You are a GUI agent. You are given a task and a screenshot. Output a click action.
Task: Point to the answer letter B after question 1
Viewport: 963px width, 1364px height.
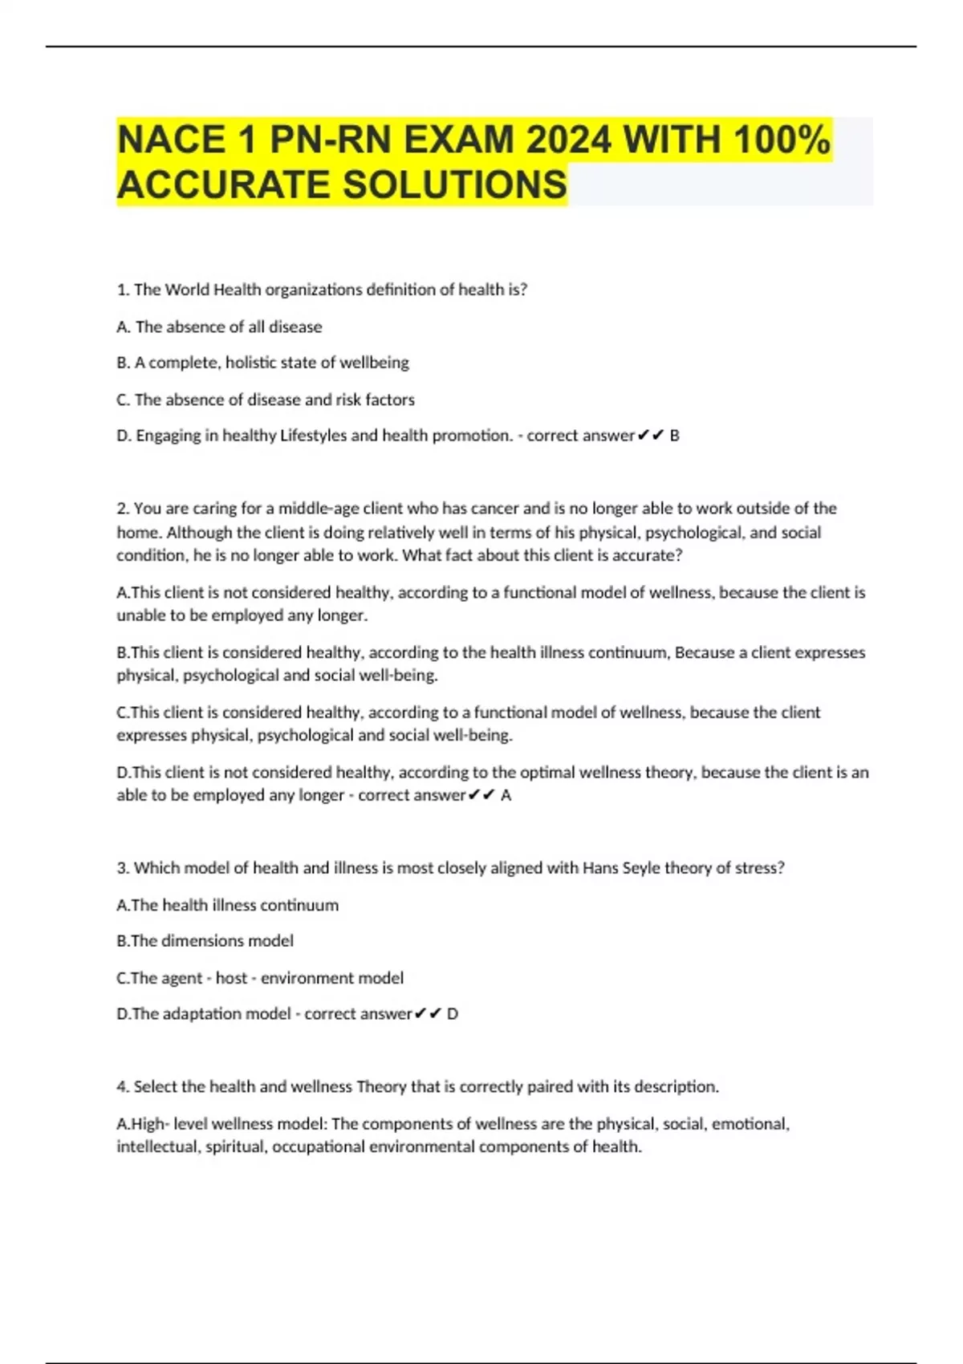point(675,436)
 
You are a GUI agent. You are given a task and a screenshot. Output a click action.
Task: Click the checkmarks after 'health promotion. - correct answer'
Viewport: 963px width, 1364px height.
point(651,436)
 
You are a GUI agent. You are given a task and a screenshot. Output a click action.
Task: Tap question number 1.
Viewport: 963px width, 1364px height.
point(123,290)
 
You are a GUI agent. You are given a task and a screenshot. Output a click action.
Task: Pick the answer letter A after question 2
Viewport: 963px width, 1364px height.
point(506,795)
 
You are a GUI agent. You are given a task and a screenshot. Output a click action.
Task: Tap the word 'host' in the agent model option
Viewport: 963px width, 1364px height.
point(231,978)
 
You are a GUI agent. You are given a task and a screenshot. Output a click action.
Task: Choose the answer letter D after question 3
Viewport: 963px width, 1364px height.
point(453,1014)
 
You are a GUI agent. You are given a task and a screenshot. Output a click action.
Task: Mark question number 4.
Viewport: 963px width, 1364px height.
point(123,1087)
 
